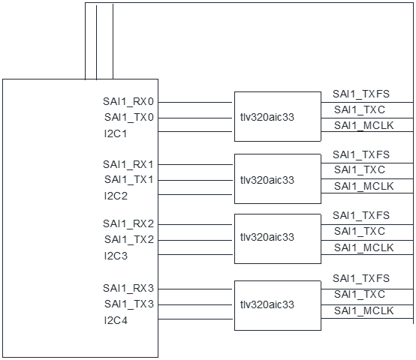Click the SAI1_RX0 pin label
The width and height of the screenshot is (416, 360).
click(128, 101)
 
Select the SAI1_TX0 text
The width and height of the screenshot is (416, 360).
click(128, 117)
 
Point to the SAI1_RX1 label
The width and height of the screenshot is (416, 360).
click(128, 163)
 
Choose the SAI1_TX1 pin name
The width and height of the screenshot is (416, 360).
click(128, 179)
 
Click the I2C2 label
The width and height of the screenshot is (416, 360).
click(116, 195)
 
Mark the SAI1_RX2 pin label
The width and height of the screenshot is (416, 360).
click(128, 224)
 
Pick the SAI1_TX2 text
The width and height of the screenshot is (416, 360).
click(128, 239)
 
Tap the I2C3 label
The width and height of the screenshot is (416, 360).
click(116, 255)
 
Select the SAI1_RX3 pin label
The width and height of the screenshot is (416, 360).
click(128, 288)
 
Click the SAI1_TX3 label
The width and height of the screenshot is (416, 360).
click(128, 304)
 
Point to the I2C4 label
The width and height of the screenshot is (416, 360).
click(116, 320)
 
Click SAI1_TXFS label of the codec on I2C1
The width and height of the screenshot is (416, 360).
click(361, 94)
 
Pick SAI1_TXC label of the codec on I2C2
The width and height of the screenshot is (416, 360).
click(359, 170)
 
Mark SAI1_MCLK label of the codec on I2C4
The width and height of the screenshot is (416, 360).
click(363, 310)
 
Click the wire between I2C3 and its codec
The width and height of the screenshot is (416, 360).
click(195, 255)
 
